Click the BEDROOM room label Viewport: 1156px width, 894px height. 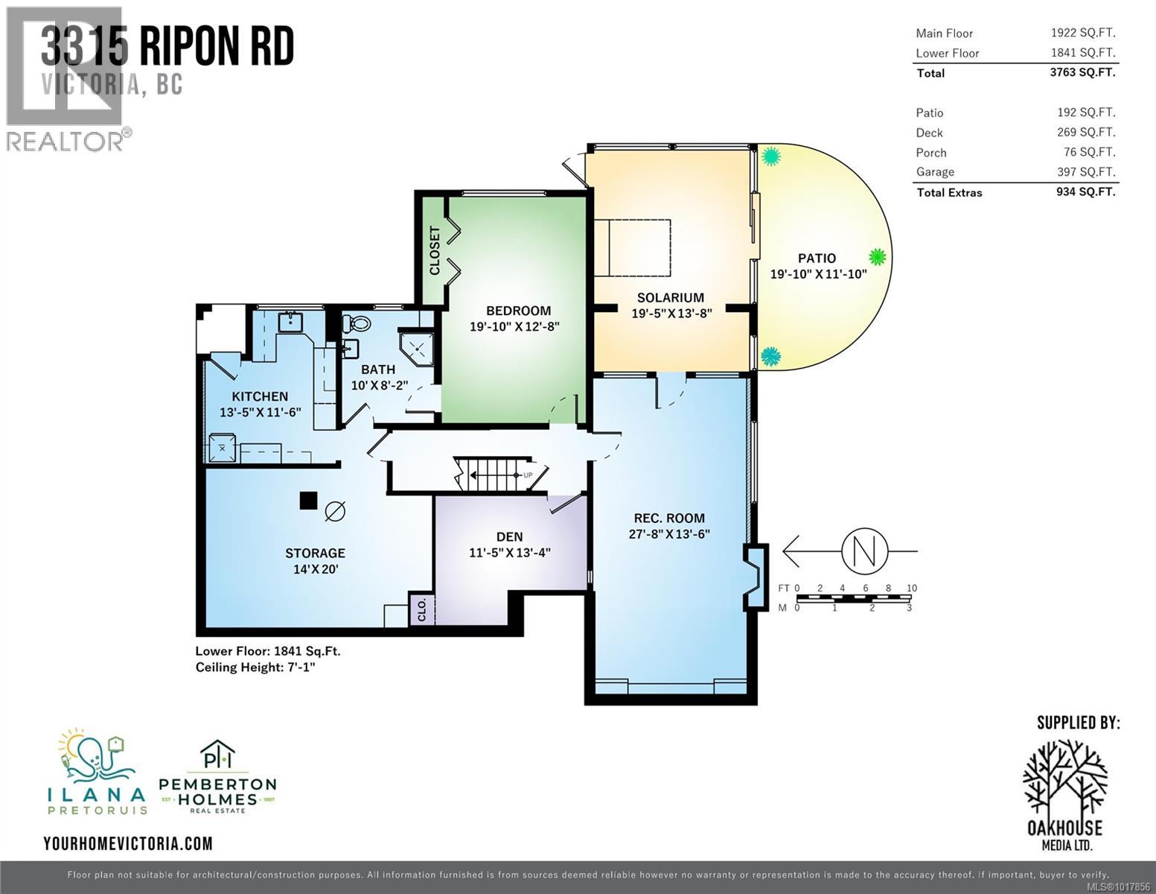(x=518, y=311)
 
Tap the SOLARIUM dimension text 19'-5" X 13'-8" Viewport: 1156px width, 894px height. (x=671, y=314)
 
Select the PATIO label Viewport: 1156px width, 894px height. (x=817, y=258)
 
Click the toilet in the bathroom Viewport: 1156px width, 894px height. (x=357, y=324)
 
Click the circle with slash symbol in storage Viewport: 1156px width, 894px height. (x=335, y=511)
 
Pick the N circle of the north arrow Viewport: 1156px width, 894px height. (x=863, y=551)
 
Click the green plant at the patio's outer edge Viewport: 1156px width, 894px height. (x=878, y=257)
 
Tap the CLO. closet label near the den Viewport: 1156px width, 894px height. (x=421, y=609)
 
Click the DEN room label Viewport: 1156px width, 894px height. (x=509, y=536)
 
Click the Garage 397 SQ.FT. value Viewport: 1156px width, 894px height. (x=1089, y=172)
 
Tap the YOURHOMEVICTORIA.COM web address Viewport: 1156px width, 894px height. (x=128, y=843)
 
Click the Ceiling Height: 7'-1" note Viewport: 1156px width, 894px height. (x=255, y=668)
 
